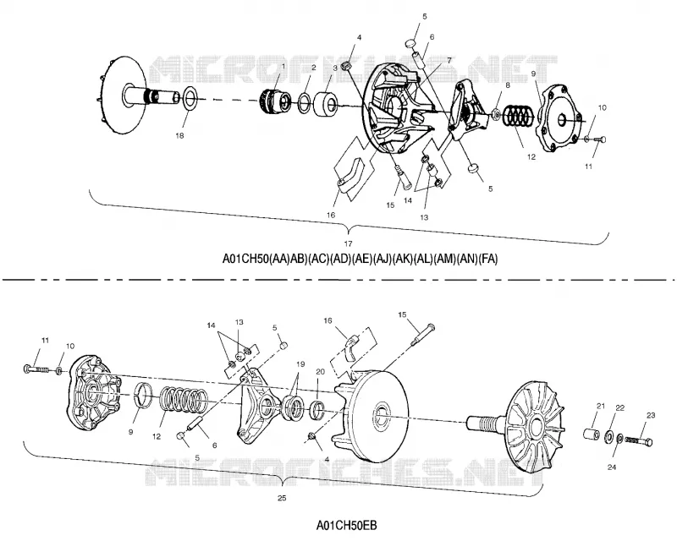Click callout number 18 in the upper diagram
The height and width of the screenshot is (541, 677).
coord(179,135)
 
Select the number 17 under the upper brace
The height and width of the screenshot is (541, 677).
coord(348,243)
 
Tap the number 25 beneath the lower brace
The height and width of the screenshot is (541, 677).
coord(282,498)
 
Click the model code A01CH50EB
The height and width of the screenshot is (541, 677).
coord(347,526)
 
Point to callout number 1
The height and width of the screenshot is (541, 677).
coord(283,67)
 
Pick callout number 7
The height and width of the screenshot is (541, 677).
coord(449,60)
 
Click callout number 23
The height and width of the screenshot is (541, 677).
coord(651,415)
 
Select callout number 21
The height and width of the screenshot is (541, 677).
coord(601,406)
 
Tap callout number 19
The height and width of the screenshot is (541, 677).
coord(300,364)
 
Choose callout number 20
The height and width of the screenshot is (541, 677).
coord(320,371)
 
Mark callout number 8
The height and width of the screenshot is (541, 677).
coord(507,85)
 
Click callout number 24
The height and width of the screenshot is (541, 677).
coord(611,467)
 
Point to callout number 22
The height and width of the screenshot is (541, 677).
coord(619,408)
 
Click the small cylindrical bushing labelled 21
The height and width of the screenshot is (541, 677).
coord(591,434)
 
